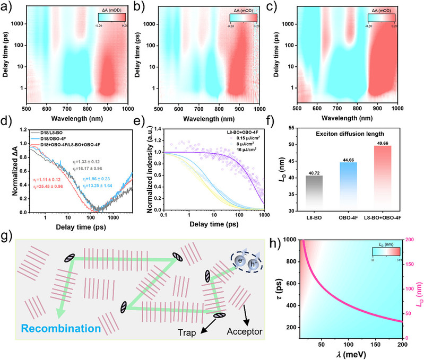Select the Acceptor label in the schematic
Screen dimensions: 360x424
[258, 332]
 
